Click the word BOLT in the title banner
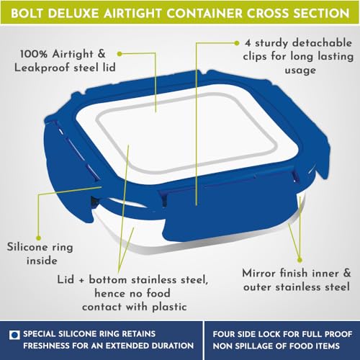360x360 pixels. [27, 13]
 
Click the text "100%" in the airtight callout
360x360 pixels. [34, 54]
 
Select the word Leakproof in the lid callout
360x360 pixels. [42, 68]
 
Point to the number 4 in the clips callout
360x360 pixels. [248, 43]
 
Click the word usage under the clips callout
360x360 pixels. [300, 71]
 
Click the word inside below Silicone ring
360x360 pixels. [42, 261]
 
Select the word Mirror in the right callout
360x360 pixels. [258, 273]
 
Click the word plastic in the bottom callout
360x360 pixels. [170, 307]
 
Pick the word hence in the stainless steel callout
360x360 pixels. [109, 294]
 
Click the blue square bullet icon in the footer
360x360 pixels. [14, 334]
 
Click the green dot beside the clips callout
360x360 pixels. [237, 43]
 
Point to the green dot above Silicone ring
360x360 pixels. [38, 238]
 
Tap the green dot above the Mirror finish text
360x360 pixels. [300, 260]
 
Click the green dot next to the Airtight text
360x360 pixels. [120, 54]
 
